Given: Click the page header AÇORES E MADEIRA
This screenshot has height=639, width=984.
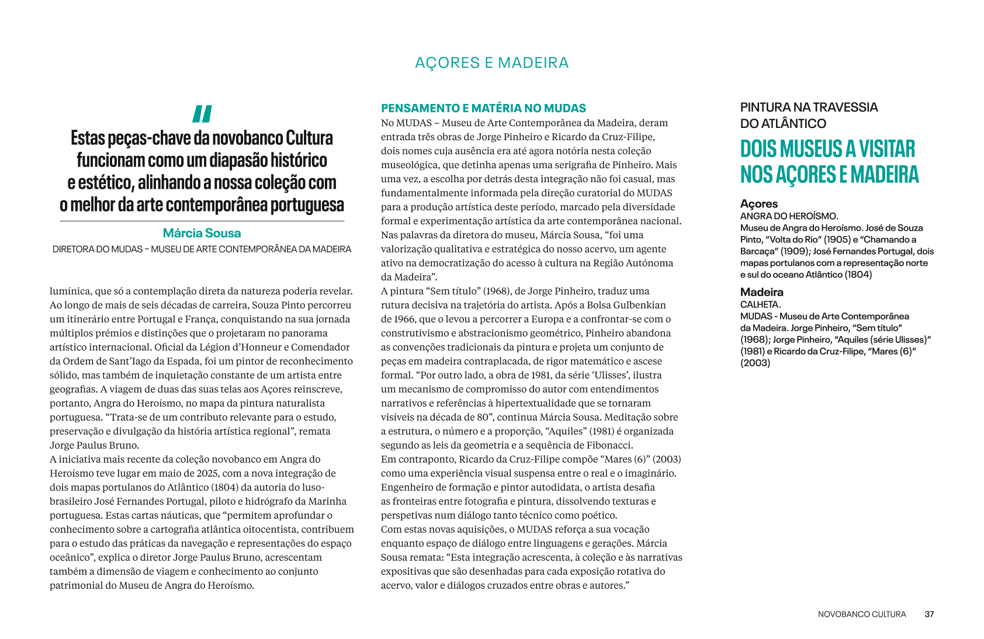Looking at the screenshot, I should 491,63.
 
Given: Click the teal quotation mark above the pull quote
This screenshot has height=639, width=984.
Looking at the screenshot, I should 202,113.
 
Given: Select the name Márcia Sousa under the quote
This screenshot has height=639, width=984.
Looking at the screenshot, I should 202,233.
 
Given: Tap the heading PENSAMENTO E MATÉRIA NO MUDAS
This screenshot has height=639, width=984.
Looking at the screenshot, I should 483,108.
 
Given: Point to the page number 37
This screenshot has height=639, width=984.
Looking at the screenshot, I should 929,614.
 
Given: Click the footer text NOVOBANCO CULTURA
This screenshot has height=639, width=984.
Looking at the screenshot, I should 861,614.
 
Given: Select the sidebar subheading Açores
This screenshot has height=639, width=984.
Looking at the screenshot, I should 758,204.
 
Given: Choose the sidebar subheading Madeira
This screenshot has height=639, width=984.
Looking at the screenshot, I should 761,292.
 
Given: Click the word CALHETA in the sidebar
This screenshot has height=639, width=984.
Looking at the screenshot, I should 759,304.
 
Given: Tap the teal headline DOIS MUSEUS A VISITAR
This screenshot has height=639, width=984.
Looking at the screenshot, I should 827,149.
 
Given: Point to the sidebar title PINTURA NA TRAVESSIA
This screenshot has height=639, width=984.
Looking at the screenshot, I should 809,107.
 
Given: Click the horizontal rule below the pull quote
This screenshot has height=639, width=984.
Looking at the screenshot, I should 202,221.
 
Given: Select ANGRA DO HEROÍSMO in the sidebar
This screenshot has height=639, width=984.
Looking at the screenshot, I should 788,216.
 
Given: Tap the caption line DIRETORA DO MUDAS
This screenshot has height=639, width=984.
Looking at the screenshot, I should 202,249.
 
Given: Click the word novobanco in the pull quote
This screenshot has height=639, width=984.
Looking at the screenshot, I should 248,138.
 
